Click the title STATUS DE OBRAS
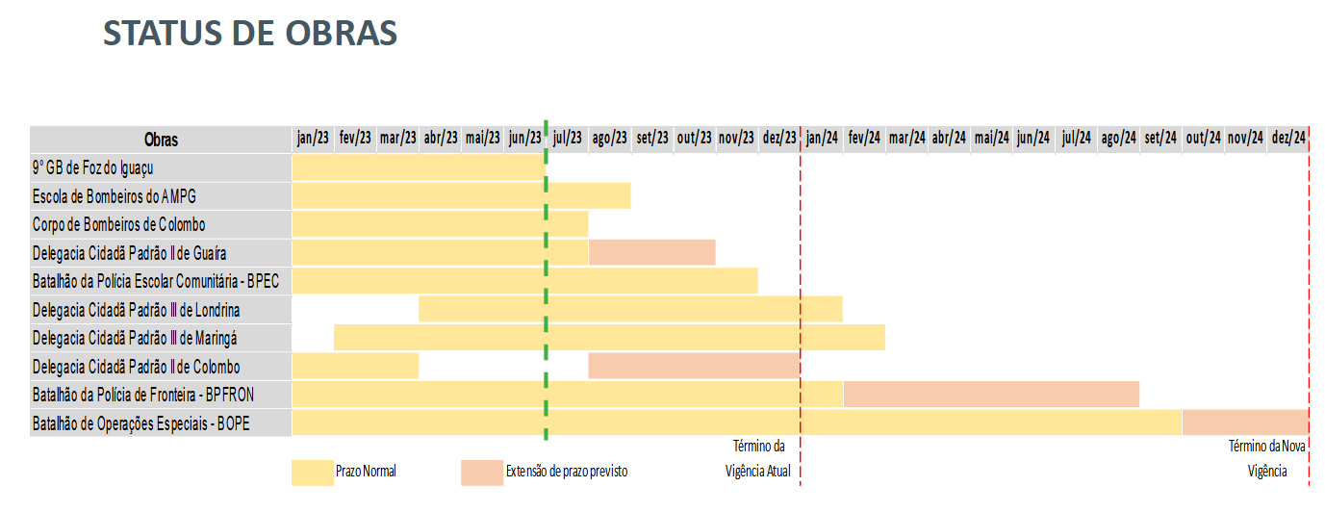(250, 34)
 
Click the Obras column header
(161, 140)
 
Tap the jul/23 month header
(568, 139)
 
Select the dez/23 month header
(778, 139)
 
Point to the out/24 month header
(1203, 139)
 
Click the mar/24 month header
(906, 139)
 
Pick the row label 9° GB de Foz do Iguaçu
(93, 167)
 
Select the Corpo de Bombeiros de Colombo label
(118, 224)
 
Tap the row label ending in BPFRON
(143, 394)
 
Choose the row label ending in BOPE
(140, 422)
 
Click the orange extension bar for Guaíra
(651, 252)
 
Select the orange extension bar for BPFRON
(991, 394)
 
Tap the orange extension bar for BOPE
(1244, 422)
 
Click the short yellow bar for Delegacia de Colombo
(355, 366)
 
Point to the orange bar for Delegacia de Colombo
(694, 366)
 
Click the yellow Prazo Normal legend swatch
(313, 472)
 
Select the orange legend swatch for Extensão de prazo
(482, 472)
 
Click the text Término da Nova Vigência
(1267, 459)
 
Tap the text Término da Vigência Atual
(758, 459)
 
